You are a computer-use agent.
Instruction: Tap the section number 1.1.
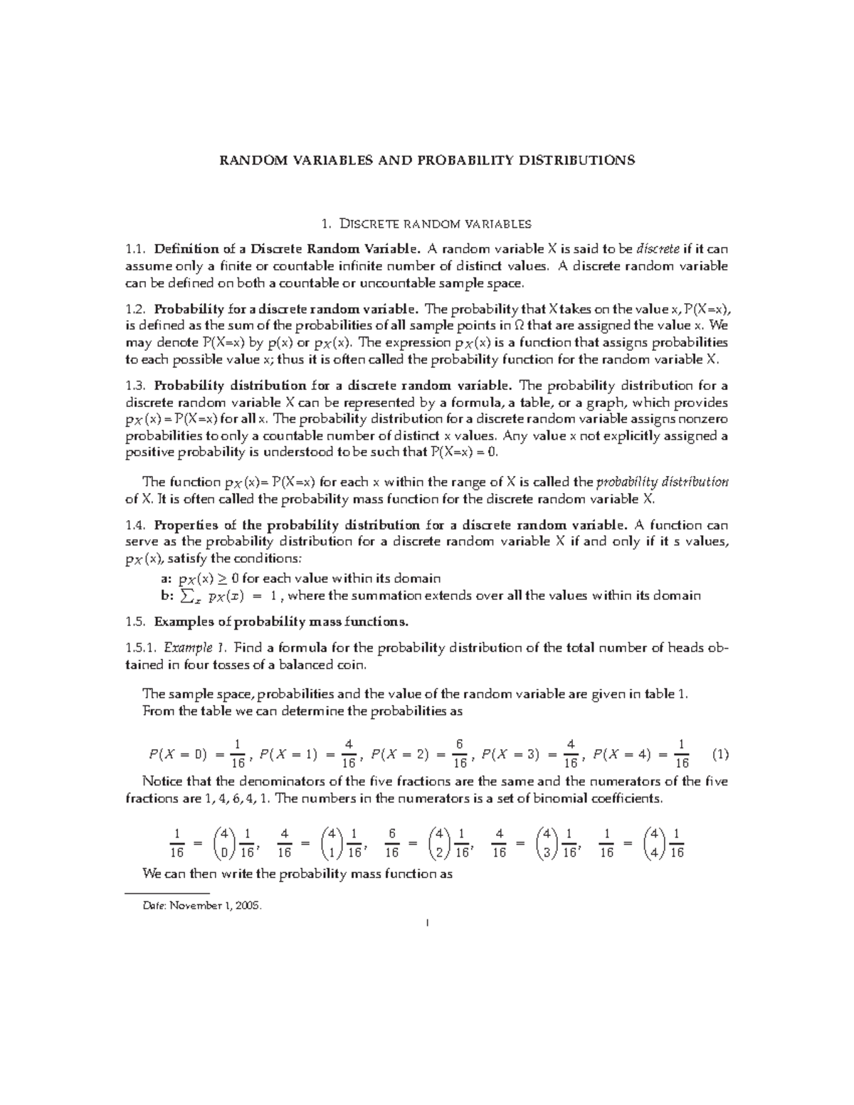(x=135, y=249)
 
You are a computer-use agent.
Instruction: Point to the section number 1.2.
(x=135, y=310)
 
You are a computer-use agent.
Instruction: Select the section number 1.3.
(x=135, y=386)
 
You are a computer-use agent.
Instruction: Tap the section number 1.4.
(x=135, y=526)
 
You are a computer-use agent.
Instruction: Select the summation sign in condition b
(x=188, y=596)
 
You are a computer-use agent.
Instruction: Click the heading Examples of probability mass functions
(x=281, y=622)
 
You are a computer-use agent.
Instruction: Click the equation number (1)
(x=719, y=754)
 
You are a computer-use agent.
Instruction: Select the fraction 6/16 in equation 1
(x=460, y=754)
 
